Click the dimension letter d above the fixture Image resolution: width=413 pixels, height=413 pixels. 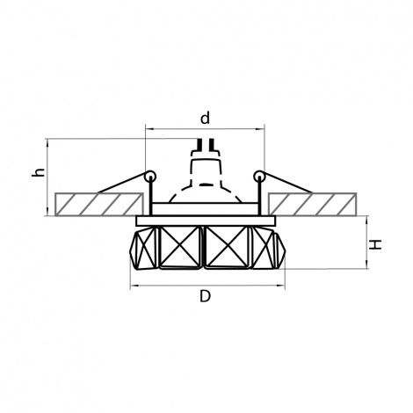(x=205, y=118)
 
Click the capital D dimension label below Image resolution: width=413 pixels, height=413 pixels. (x=205, y=296)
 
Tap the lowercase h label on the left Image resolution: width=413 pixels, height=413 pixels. (x=39, y=171)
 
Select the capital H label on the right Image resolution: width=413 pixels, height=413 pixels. (x=375, y=244)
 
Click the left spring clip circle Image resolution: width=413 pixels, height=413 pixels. (x=150, y=177)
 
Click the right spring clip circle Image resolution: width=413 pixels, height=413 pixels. (x=259, y=177)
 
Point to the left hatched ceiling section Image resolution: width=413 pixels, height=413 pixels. (x=99, y=204)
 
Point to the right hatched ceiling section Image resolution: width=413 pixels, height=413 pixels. (x=313, y=204)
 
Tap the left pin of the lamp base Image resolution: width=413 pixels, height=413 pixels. (x=199, y=144)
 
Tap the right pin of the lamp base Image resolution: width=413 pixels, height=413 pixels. (x=212, y=144)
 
